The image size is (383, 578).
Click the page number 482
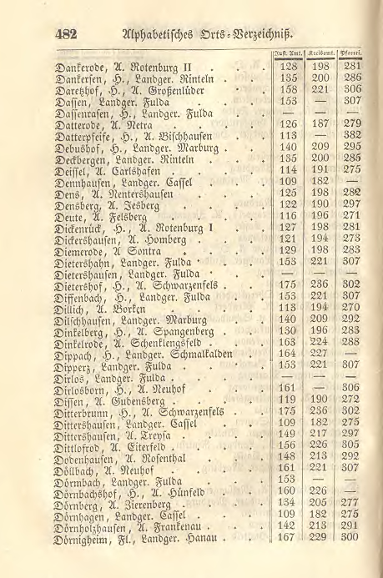point(64,34)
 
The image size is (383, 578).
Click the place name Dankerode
point(81,66)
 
